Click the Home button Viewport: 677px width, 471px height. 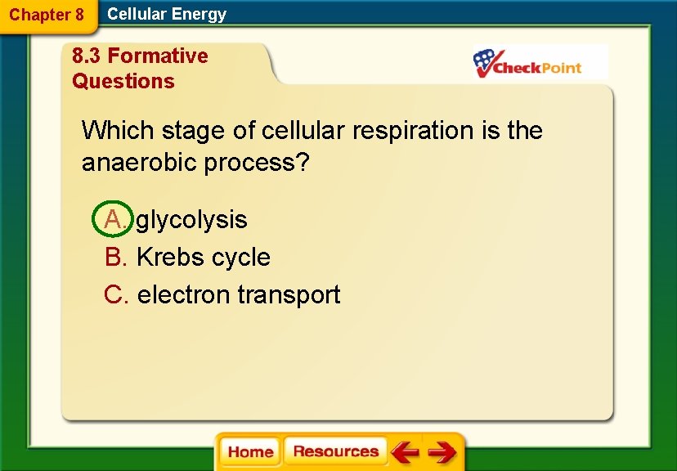coord(250,452)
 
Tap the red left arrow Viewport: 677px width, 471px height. coord(405,452)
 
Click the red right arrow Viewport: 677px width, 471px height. coord(442,452)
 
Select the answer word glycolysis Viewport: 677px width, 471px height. coord(191,219)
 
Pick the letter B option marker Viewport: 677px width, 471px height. coord(115,257)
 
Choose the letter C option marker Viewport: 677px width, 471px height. coord(116,294)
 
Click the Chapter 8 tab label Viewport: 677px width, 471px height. coord(47,15)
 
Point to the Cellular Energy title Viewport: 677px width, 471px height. coord(167,14)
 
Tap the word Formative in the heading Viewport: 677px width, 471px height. coord(158,56)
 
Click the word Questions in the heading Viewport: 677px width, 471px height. coord(123,81)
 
